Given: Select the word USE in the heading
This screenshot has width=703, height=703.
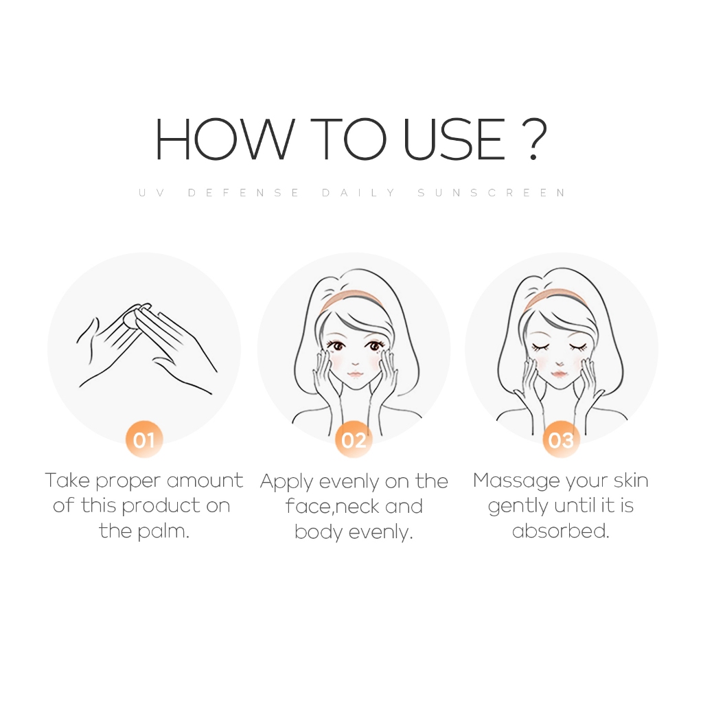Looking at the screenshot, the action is click(455, 139).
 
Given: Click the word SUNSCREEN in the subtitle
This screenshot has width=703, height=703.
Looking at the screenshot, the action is click(492, 193).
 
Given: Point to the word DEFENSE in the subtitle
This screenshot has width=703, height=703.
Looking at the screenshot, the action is click(244, 193).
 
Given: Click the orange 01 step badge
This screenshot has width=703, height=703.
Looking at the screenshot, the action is click(144, 439).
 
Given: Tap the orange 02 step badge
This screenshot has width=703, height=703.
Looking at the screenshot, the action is click(354, 439).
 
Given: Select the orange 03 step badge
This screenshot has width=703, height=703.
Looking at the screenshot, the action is click(561, 439).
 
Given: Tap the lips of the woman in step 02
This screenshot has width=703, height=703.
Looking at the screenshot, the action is click(355, 374).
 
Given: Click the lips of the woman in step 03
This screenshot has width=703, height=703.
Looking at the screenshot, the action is click(560, 373).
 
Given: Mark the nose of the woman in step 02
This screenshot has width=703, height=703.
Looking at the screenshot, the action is click(355, 363).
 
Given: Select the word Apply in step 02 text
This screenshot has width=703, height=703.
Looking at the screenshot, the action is click(286, 483).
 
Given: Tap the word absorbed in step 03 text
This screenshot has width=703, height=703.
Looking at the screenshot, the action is click(560, 531).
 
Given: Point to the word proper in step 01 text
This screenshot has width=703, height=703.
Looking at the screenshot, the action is click(128, 482).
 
